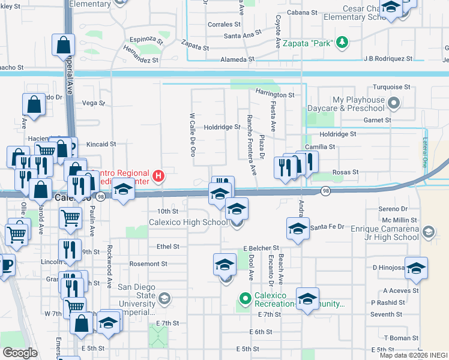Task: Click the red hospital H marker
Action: point(158,176)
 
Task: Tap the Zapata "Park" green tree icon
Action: point(342,42)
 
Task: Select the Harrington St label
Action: point(275,95)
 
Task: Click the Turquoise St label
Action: point(391,87)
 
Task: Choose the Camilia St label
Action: point(319,146)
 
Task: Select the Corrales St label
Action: point(224,25)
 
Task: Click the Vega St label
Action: point(93,103)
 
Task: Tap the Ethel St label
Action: point(167,247)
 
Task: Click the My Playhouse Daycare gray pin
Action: point(394,103)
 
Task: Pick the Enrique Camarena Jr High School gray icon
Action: point(429,232)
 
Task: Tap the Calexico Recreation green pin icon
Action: point(245,298)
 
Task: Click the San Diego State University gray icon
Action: point(164,298)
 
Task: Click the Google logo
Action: point(20,353)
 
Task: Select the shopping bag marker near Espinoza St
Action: point(64,45)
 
